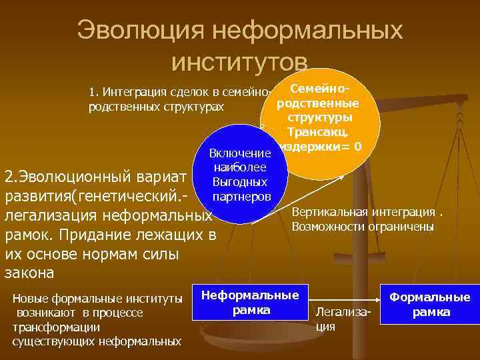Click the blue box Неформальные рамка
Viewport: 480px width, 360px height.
(x=251, y=302)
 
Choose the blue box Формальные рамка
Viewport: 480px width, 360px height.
(x=429, y=305)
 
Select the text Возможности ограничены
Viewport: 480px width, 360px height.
(x=363, y=227)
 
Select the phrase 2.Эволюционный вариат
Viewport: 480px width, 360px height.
(x=94, y=179)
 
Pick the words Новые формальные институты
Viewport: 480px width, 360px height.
(x=97, y=298)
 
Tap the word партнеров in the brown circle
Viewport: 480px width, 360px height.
(x=241, y=196)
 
